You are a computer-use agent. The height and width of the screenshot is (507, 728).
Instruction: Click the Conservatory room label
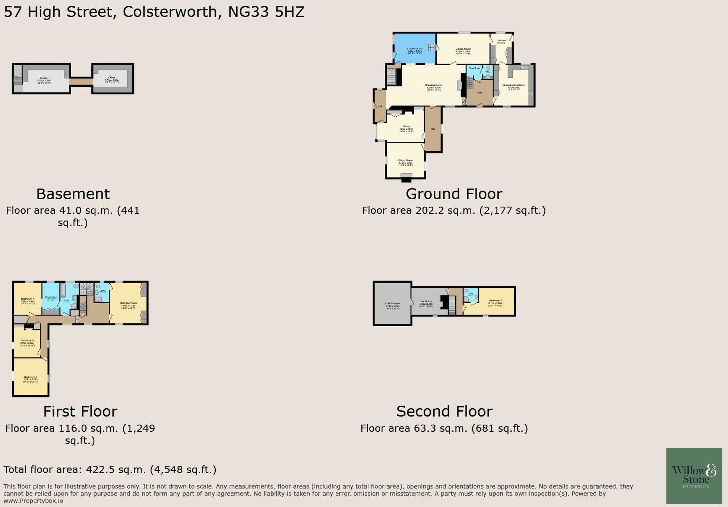point(415,49)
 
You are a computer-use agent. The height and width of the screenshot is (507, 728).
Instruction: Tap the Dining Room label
point(463,49)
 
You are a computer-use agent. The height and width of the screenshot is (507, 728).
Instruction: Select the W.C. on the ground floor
point(488,72)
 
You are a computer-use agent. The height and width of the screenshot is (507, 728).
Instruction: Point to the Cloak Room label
point(474,69)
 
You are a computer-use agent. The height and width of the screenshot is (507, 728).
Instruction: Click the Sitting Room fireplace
point(406,178)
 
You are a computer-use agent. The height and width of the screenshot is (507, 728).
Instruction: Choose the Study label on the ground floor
point(406,126)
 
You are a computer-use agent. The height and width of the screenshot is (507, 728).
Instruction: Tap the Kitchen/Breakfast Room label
point(513,85)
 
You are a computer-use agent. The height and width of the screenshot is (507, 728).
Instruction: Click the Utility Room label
point(501,40)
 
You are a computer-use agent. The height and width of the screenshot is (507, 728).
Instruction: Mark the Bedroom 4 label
point(28,299)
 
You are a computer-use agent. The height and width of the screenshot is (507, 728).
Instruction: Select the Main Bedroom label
point(128,303)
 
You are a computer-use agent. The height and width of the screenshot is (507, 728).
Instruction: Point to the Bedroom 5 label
point(27,340)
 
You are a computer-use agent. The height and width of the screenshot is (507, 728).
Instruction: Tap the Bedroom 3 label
point(31,377)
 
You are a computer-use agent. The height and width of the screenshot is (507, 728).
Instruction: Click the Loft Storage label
point(392,304)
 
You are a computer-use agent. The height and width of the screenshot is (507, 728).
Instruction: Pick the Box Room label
point(426,301)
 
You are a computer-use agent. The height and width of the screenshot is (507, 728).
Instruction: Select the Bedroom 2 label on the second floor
point(495,301)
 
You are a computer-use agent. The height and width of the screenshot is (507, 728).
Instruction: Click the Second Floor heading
point(444,412)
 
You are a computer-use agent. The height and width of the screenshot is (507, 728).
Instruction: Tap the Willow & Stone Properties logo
point(694,475)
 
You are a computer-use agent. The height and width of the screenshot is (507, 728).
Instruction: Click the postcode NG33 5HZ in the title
point(266,12)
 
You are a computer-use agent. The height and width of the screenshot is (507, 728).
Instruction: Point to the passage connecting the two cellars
point(81,81)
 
